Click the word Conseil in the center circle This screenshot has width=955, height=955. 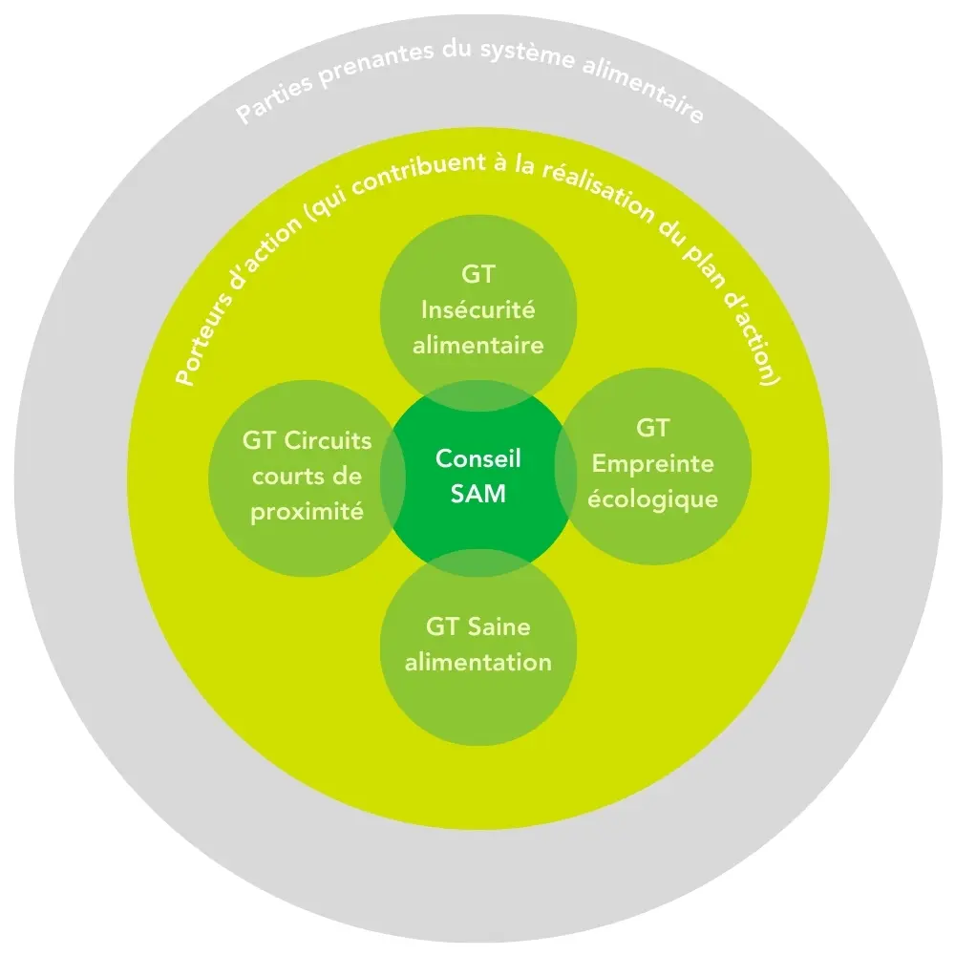pyautogui.click(x=478, y=458)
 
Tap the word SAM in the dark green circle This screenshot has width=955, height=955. pyautogui.click(x=478, y=495)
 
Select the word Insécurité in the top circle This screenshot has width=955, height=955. pyautogui.click(x=478, y=309)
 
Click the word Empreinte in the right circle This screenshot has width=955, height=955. pyautogui.click(x=653, y=464)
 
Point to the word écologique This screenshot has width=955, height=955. pyautogui.click(x=653, y=499)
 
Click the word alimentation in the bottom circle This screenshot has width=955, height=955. pyautogui.click(x=478, y=662)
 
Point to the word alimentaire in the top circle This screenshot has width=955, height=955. pyautogui.click(x=478, y=345)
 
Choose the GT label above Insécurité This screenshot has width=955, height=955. pyautogui.click(x=478, y=275)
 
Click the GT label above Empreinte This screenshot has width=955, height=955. pyautogui.click(x=653, y=429)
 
